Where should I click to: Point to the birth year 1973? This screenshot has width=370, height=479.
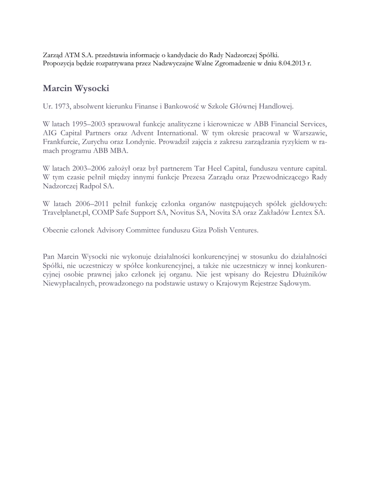[x=61, y=107]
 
